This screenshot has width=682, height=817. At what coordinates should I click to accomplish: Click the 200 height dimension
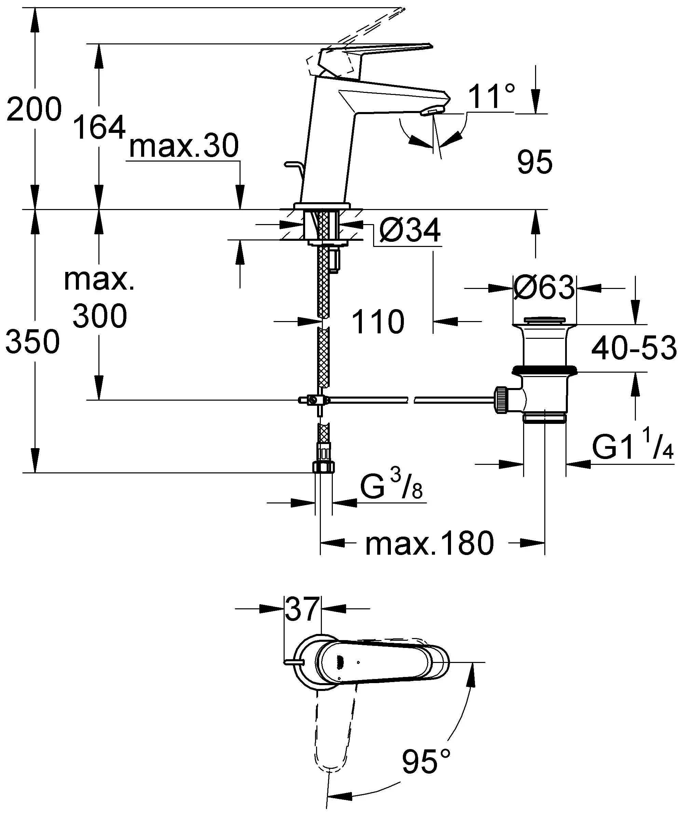[x=34, y=109]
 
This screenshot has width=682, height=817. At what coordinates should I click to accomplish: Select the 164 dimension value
[x=100, y=127]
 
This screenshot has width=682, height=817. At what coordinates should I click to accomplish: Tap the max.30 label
[x=184, y=146]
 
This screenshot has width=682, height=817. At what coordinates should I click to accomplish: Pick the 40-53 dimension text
[x=634, y=348]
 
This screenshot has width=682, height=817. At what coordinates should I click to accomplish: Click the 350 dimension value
[x=33, y=341]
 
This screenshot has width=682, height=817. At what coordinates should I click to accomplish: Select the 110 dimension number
[x=378, y=322]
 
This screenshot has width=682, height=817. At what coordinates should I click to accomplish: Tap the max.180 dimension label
[x=430, y=543]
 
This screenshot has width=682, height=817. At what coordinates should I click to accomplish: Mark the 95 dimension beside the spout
[x=535, y=162]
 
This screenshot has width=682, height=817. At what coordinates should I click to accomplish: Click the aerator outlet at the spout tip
[x=430, y=112]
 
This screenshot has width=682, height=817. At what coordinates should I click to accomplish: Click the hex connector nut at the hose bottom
[x=324, y=467]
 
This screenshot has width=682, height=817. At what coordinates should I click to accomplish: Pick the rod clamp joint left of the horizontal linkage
[x=313, y=400]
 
